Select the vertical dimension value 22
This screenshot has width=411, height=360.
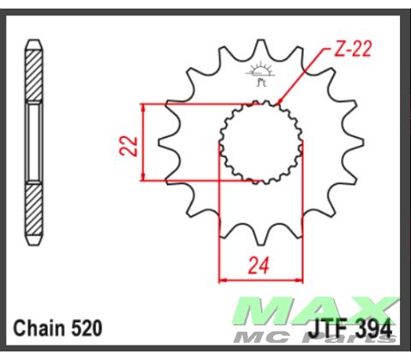click(x=128, y=143)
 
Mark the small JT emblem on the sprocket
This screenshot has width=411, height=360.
click(x=259, y=76)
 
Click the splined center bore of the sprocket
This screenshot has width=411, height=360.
click(x=259, y=141)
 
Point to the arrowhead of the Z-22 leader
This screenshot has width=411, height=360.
click(x=280, y=105)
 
